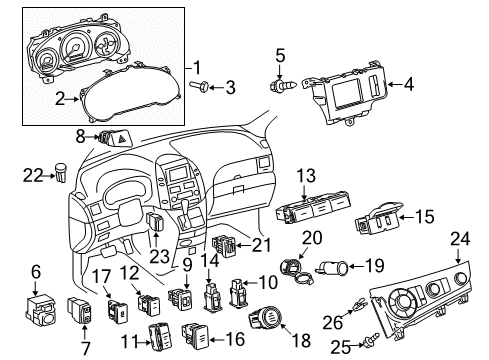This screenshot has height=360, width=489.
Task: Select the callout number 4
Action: [409, 84]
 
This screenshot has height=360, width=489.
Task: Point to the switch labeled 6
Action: [43, 304]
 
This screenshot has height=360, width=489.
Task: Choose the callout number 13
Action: [305, 174]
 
